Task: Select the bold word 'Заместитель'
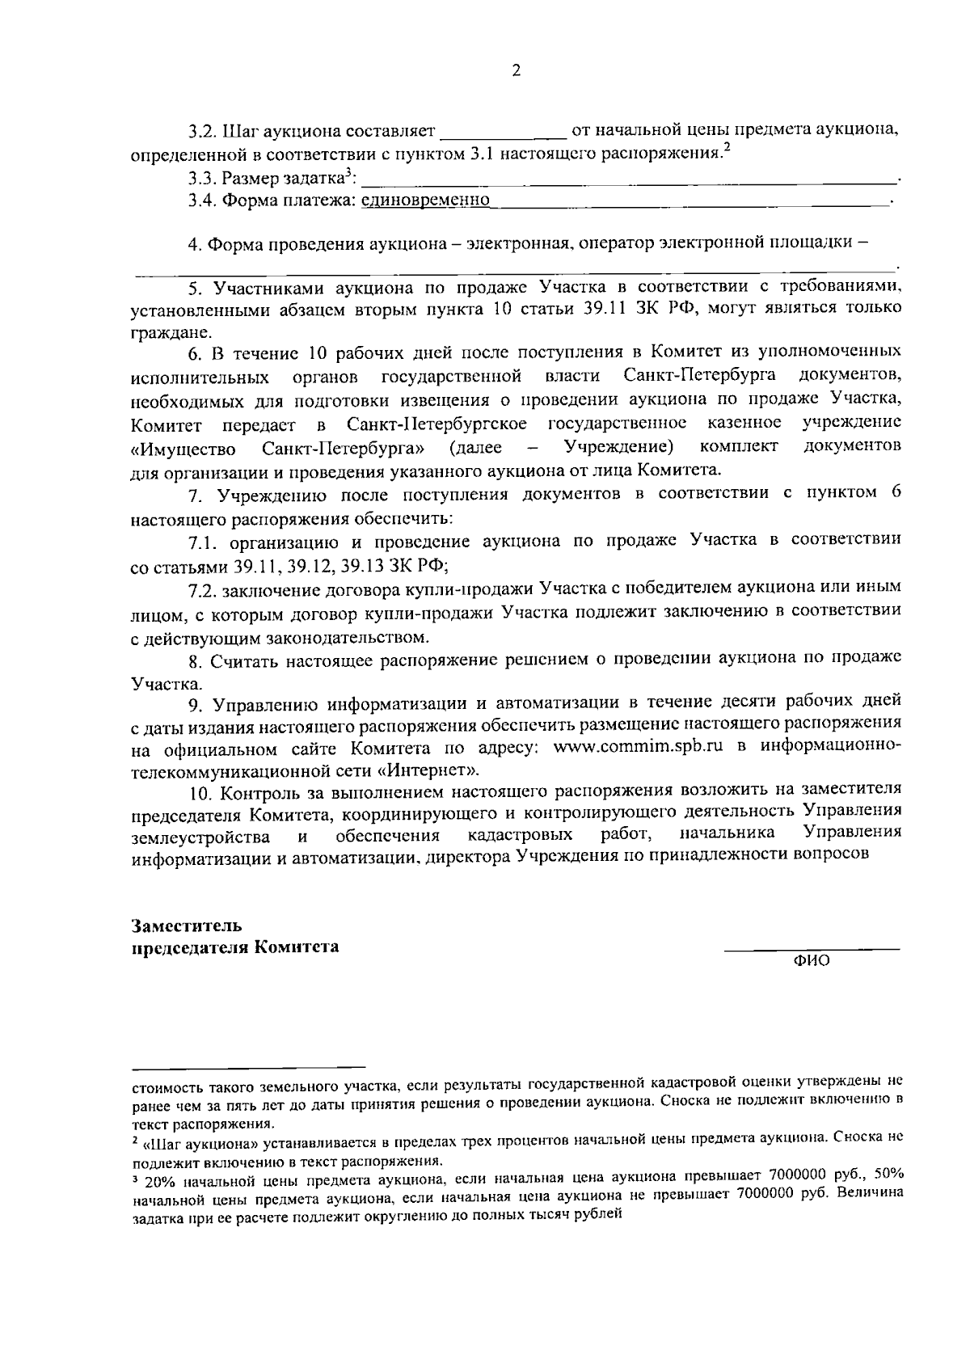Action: [x=187, y=925]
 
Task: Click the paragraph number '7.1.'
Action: [x=202, y=540]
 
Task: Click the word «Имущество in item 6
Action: [x=183, y=449]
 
